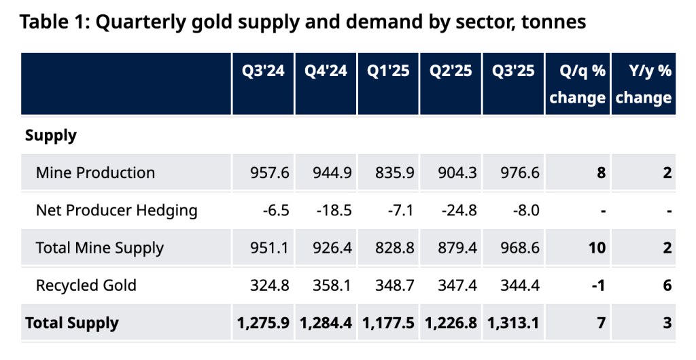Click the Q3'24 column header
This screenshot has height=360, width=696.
(x=263, y=71)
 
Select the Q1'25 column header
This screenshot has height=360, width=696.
(x=388, y=71)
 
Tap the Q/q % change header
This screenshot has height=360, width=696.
(x=578, y=84)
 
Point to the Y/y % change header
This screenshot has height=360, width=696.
(x=644, y=84)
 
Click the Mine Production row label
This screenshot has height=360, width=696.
(x=95, y=173)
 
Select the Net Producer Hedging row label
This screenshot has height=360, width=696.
(x=116, y=211)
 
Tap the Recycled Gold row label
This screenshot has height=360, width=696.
(x=86, y=285)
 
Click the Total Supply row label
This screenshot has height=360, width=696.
(x=72, y=323)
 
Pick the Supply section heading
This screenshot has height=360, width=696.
(x=50, y=136)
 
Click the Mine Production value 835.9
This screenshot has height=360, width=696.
(x=395, y=173)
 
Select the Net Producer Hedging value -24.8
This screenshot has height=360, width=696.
(x=459, y=210)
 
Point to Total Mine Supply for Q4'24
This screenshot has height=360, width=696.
(x=332, y=248)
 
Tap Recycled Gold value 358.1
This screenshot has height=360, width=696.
(x=332, y=285)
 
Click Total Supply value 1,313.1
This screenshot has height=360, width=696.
(x=513, y=323)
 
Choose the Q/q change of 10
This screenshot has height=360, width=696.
(x=597, y=248)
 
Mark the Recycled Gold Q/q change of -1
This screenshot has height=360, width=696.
(x=598, y=285)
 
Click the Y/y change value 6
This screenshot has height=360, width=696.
(x=667, y=285)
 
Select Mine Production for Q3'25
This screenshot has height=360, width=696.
(x=520, y=173)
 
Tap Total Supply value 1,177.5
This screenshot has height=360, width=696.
(x=388, y=323)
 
